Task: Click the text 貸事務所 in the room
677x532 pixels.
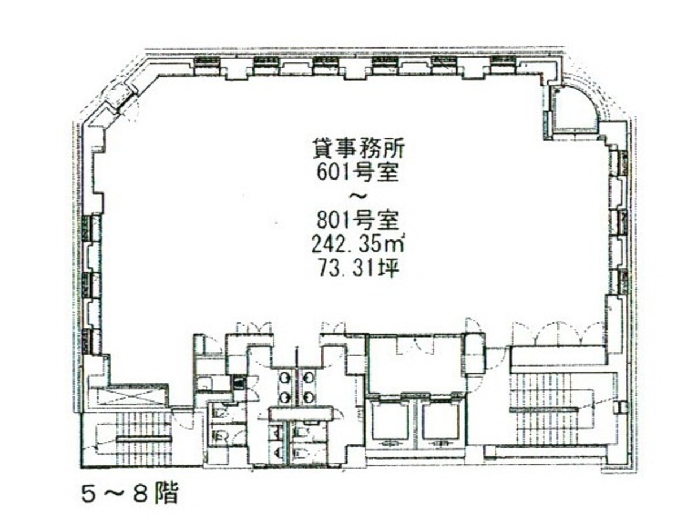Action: [x=358, y=150]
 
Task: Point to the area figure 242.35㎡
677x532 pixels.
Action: [x=357, y=245]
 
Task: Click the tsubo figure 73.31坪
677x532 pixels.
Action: [x=357, y=269]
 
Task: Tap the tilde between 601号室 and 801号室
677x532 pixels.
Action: [x=359, y=197]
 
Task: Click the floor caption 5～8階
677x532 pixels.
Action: [x=130, y=494]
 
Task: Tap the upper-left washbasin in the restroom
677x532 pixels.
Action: [x=284, y=378]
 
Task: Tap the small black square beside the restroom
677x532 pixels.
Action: [x=237, y=382]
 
